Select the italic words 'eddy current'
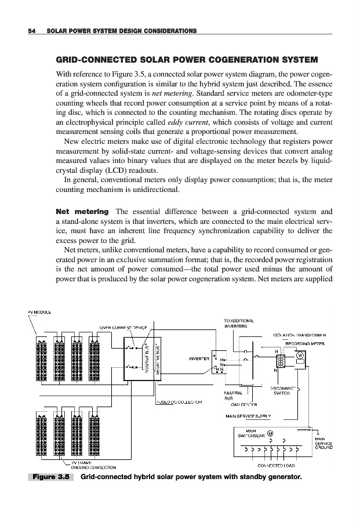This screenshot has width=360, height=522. pos(184,122)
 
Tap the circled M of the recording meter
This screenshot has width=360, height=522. pos(300,355)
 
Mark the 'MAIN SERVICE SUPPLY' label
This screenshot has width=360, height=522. pos(250,416)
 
